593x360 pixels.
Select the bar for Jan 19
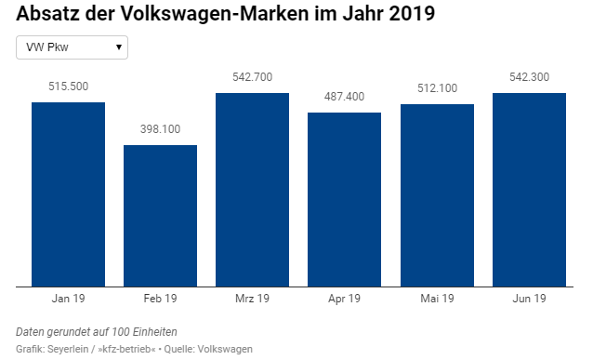68,194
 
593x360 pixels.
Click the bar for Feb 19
161,216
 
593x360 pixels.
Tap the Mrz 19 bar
252,190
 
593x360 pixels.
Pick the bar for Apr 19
344,199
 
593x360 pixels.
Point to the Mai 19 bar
437,195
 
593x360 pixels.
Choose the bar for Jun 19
529,190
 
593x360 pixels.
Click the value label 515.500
68,87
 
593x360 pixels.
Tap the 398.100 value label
161,129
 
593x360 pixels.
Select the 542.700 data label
252,77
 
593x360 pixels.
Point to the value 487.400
344,97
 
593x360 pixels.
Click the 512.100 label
437,88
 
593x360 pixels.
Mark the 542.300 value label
529,77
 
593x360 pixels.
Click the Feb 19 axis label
161,299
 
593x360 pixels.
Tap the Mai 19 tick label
437,299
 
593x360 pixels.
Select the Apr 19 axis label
344,299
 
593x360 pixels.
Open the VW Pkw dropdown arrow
119,47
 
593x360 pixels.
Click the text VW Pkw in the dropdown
47,47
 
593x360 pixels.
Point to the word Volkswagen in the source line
225,349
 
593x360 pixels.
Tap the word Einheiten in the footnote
154,332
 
